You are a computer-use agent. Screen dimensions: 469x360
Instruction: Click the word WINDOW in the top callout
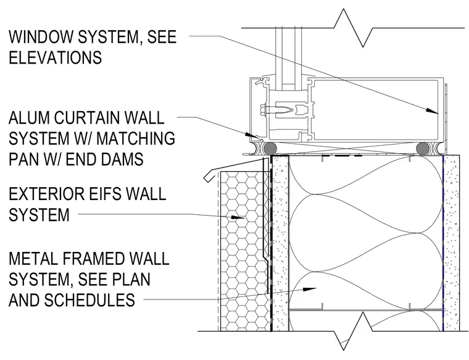point(41,36)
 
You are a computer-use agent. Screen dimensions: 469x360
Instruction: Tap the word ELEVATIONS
point(56,57)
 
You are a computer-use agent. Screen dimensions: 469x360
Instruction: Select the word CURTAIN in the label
point(87,117)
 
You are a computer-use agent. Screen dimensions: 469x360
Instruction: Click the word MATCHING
point(136,138)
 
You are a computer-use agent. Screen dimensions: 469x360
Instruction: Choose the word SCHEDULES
point(89,300)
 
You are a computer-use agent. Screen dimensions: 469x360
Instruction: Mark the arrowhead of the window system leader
point(432,111)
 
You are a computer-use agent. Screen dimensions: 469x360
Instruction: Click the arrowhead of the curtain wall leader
point(252,136)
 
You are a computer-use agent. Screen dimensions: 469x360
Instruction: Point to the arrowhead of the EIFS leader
point(239,217)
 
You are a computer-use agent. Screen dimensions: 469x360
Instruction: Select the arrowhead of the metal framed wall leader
point(310,289)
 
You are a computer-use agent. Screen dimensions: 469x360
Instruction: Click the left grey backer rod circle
point(269,148)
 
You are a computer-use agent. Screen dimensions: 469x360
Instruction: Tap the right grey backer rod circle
point(422,148)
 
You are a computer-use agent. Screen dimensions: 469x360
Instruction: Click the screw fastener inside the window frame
point(276,109)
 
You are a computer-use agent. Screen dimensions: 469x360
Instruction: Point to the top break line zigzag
point(353,28)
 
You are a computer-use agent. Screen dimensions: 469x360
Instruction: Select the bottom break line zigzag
point(353,331)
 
